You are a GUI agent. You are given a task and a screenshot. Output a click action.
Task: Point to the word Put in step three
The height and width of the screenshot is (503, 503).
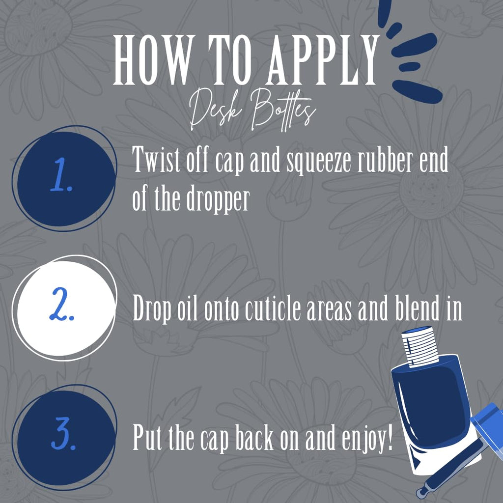pyautogui.click(x=147, y=436)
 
